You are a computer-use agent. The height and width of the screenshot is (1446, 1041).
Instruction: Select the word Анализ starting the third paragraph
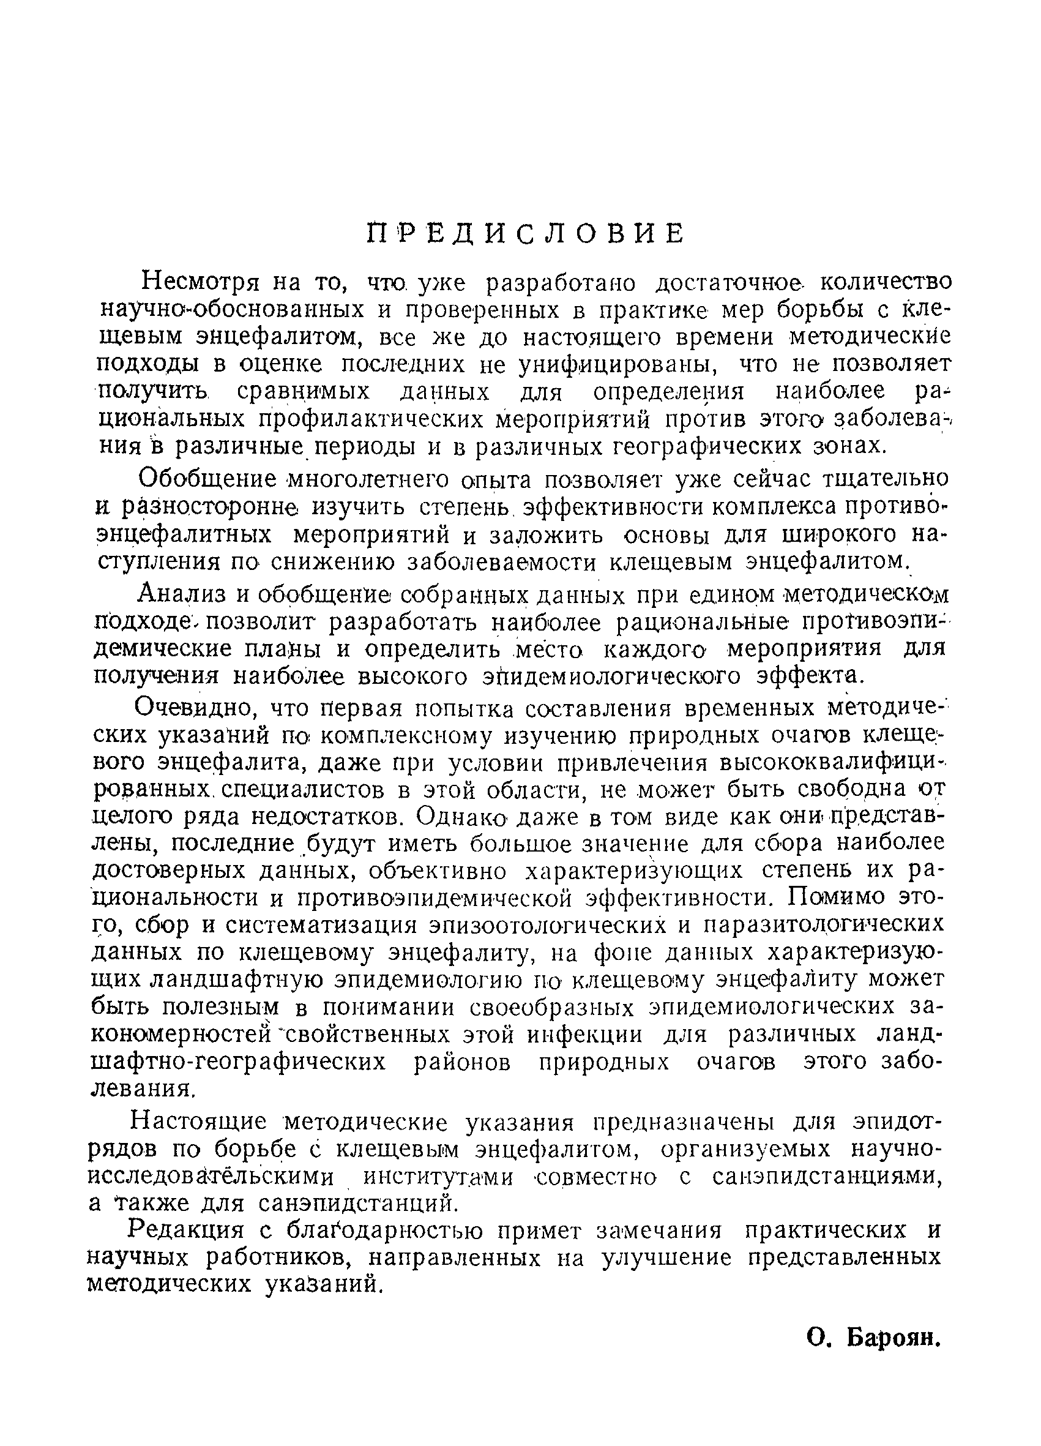click(183, 594)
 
